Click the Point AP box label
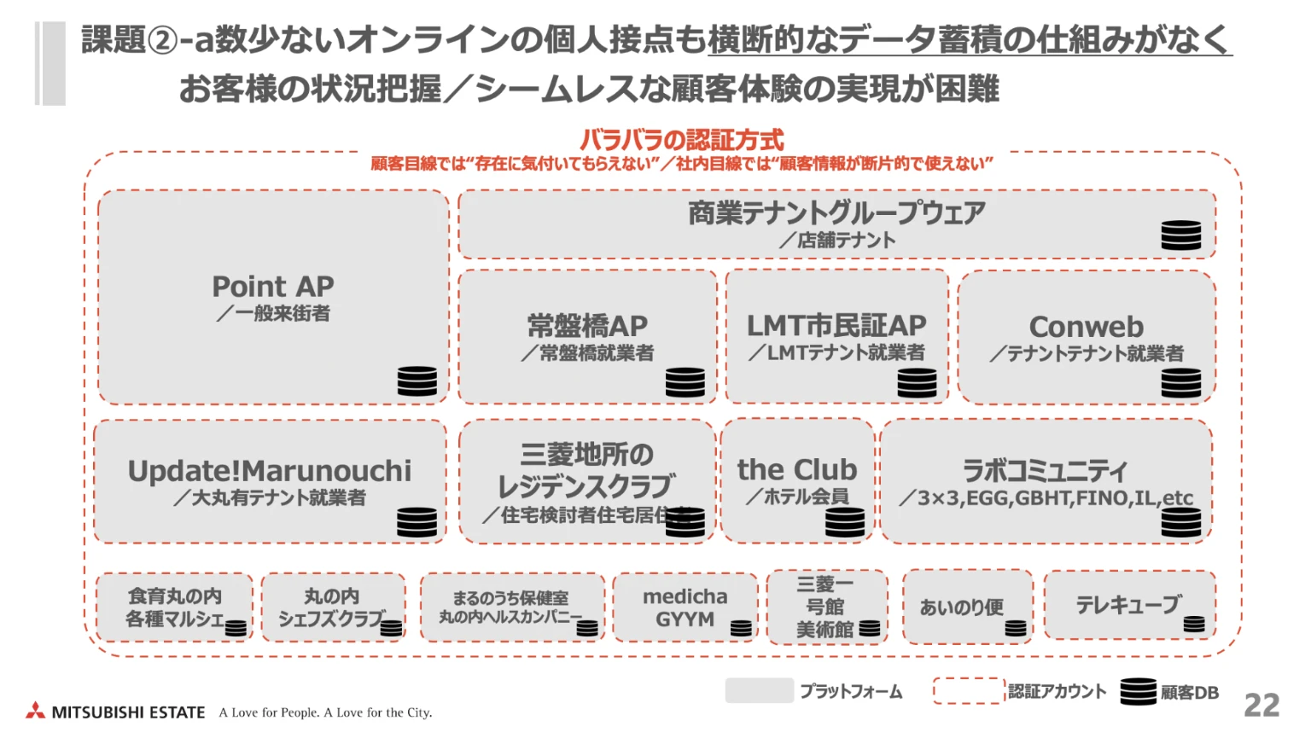(x=272, y=287)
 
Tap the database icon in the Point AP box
(x=417, y=381)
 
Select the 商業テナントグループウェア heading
(x=836, y=212)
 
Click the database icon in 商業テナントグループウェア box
(x=1180, y=235)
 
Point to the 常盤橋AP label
(x=587, y=326)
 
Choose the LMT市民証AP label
(x=836, y=325)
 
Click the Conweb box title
(x=1086, y=327)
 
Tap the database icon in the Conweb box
(x=1180, y=383)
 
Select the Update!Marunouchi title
(x=269, y=471)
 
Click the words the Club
(x=796, y=469)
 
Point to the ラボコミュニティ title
(x=1045, y=470)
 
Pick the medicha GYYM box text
(x=685, y=607)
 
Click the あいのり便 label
(x=961, y=607)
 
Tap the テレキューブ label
(x=1128, y=605)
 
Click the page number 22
(x=1261, y=706)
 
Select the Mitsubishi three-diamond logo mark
(x=35, y=711)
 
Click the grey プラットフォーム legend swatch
(x=759, y=690)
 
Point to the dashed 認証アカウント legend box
(x=968, y=690)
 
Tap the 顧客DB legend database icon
(x=1138, y=691)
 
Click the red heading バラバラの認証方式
(x=681, y=140)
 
